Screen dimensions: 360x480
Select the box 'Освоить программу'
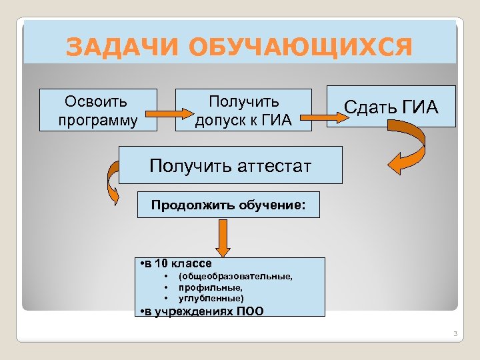[98, 110]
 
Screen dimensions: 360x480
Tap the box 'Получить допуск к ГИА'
[243, 110]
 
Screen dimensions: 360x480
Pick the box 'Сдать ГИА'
[391, 106]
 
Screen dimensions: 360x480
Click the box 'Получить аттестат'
[230, 165]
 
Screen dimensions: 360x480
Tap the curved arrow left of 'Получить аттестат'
[108, 185]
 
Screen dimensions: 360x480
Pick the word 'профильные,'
[206, 287]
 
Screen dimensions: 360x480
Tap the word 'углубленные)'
[211, 297]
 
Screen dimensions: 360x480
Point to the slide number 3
[453, 333]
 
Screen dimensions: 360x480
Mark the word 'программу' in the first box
[98, 121]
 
